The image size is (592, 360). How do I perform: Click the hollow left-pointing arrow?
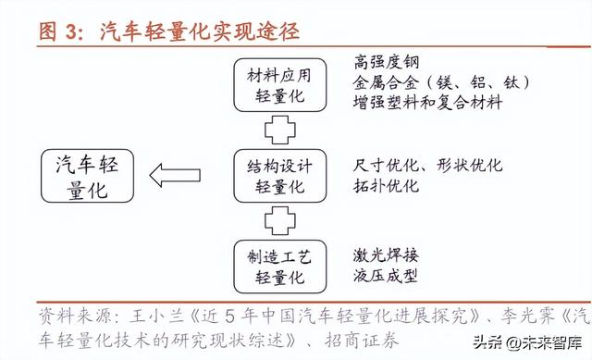click(x=180, y=175)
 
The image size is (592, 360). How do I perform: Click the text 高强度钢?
click(x=387, y=64)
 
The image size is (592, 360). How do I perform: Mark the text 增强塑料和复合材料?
click(x=427, y=103)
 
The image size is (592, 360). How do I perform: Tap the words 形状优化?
click(x=471, y=165)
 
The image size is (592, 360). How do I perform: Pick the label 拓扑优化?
click(x=386, y=185)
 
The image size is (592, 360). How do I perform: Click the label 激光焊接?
click(x=386, y=254)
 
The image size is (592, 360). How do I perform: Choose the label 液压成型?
click(x=386, y=275)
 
